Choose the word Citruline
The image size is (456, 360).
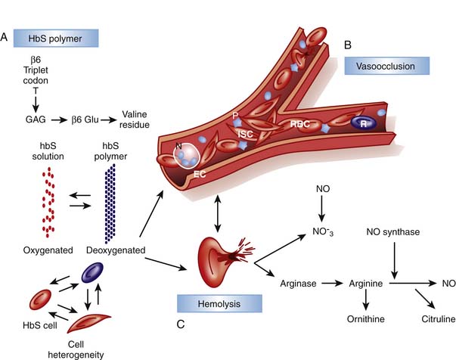(425, 318)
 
